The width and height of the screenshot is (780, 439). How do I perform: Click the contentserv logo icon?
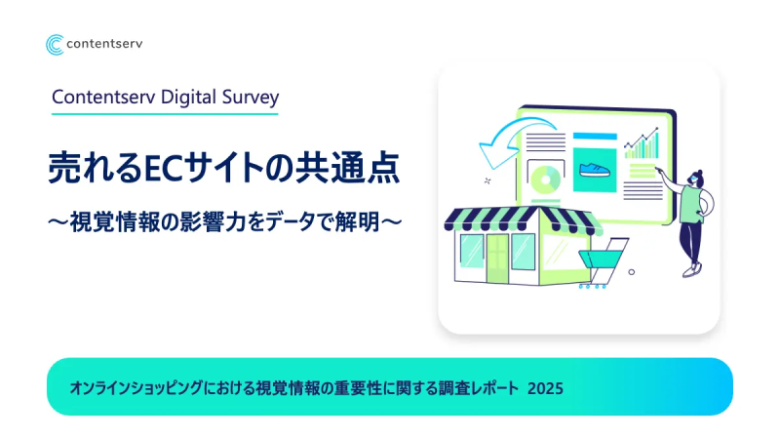click(x=56, y=45)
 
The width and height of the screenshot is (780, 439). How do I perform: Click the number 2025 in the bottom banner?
click(x=544, y=387)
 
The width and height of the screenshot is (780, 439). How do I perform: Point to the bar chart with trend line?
click(x=642, y=145)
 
